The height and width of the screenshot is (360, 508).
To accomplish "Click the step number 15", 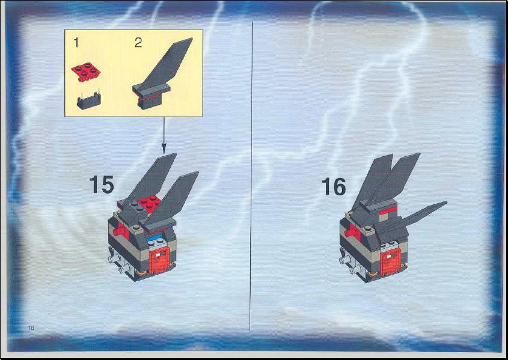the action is click(x=102, y=185).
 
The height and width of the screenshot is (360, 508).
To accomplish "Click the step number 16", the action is click(x=334, y=186).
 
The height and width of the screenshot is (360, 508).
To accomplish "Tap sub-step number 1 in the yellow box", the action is click(x=76, y=43).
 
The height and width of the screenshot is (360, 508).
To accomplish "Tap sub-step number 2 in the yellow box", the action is click(x=138, y=43).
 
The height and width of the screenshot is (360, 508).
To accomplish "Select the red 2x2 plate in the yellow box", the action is click(x=86, y=72).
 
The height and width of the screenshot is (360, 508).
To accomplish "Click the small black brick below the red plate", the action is click(x=89, y=101).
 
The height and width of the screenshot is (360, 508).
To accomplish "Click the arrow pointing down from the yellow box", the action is click(x=164, y=135).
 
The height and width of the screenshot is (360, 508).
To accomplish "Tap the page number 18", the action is click(x=31, y=328).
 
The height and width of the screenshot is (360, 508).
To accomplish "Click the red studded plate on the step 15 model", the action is click(x=149, y=204).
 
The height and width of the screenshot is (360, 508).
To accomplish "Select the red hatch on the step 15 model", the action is click(x=159, y=260).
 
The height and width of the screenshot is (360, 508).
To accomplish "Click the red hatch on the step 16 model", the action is click(x=391, y=262).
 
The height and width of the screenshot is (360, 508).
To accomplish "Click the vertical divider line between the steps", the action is click(x=251, y=177).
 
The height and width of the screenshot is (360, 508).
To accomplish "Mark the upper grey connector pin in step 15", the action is click(x=114, y=258).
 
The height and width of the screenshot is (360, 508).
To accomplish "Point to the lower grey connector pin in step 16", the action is click(x=356, y=269).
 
